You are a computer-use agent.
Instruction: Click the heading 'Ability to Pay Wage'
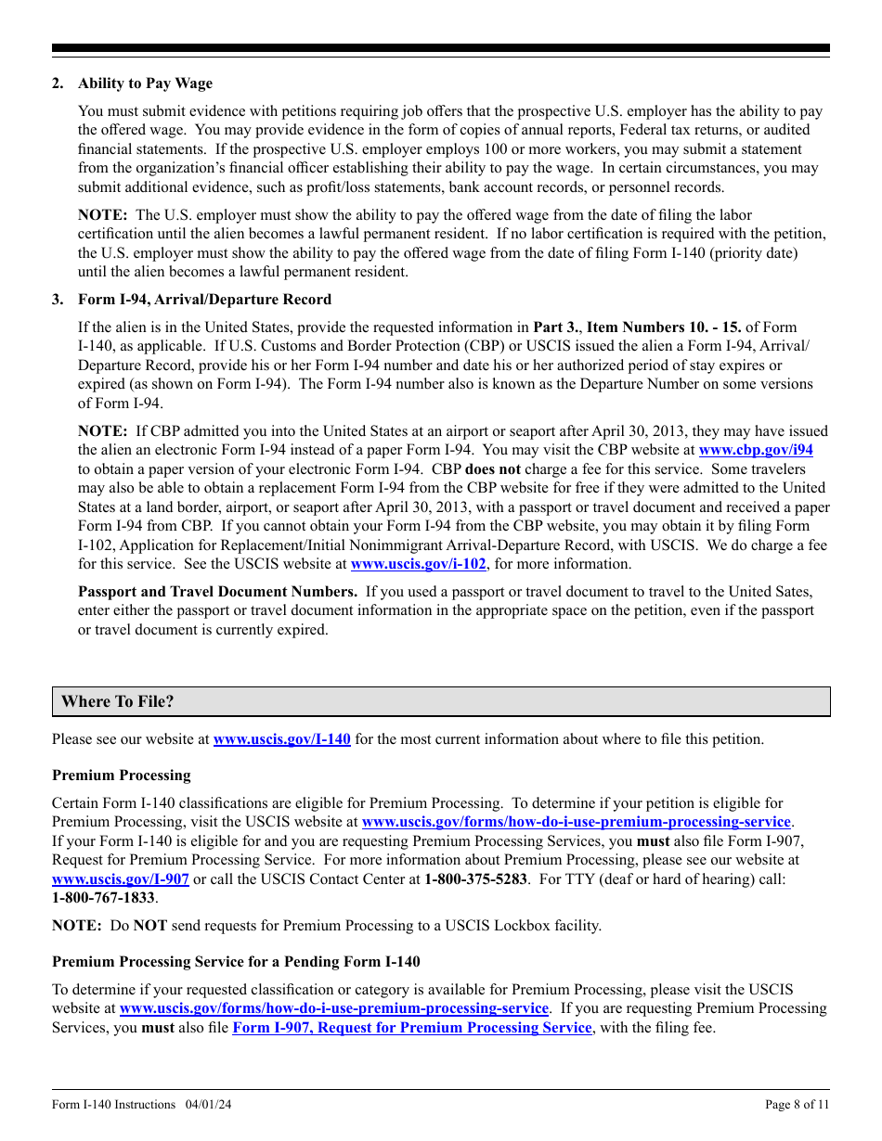(x=145, y=83)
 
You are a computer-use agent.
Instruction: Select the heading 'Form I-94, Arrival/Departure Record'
(x=204, y=300)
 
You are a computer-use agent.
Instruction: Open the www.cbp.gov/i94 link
(x=755, y=450)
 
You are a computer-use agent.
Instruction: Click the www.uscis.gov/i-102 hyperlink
(x=418, y=564)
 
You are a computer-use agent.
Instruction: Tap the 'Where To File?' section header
(x=117, y=702)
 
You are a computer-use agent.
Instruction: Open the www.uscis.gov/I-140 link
(x=281, y=739)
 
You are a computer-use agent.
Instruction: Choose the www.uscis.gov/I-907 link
(x=121, y=878)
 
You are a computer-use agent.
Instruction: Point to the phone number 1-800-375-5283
(x=475, y=878)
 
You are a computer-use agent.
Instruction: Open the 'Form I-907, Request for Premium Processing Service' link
(x=411, y=1028)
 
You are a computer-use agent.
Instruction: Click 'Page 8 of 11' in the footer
(x=797, y=1105)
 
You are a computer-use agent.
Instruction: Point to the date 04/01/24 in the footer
(x=209, y=1105)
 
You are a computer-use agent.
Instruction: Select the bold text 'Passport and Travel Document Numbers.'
(x=217, y=592)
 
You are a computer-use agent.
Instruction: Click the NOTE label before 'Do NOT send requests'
(x=76, y=926)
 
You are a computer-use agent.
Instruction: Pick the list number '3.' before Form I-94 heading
(x=58, y=300)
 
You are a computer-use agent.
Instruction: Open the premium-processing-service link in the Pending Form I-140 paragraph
(x=334, y=1008)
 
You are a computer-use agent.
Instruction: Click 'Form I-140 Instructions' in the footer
(x=113, y=1105)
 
